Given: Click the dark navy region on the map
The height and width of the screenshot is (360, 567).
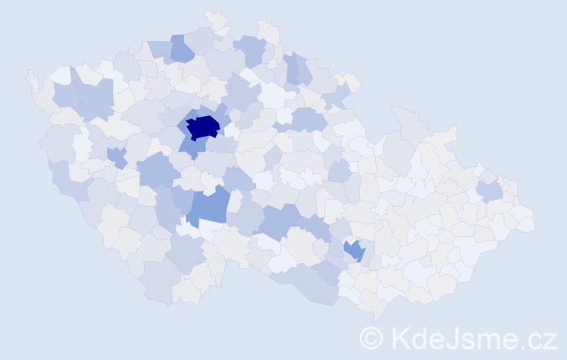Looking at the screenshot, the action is coord(203,127).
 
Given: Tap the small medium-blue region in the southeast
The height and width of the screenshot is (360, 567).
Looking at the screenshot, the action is coord(354,251).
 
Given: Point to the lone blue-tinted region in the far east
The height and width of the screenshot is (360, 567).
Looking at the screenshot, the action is coord(490,190).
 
